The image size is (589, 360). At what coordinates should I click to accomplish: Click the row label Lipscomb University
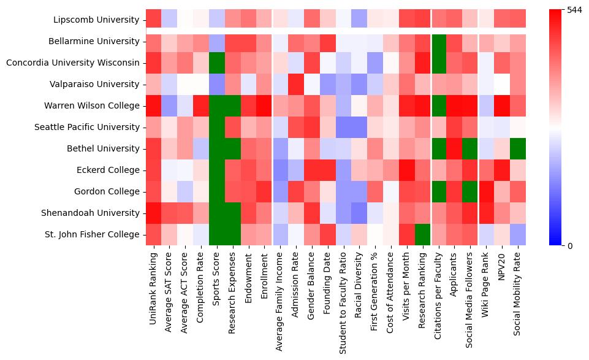pyautogui.click(x=96, y=20)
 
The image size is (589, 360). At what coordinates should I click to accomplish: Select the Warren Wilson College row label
pyautogui.click(x=92, y=105)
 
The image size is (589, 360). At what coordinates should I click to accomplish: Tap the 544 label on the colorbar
pyautogui.click(x=575, y=10)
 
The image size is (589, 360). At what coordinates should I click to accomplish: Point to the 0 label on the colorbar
pyautogui.click(x=570, y=245)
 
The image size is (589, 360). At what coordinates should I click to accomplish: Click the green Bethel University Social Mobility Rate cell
pyautogui.click(x=518, y=148)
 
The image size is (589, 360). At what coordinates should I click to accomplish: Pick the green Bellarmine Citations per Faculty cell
pyautogui.click(x=438, y=41)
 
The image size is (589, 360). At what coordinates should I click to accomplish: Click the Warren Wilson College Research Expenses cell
pyautogui.click(x=232, y=105)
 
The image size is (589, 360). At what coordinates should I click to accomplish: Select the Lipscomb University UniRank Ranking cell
pyautogui.click(x=153, y=20)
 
